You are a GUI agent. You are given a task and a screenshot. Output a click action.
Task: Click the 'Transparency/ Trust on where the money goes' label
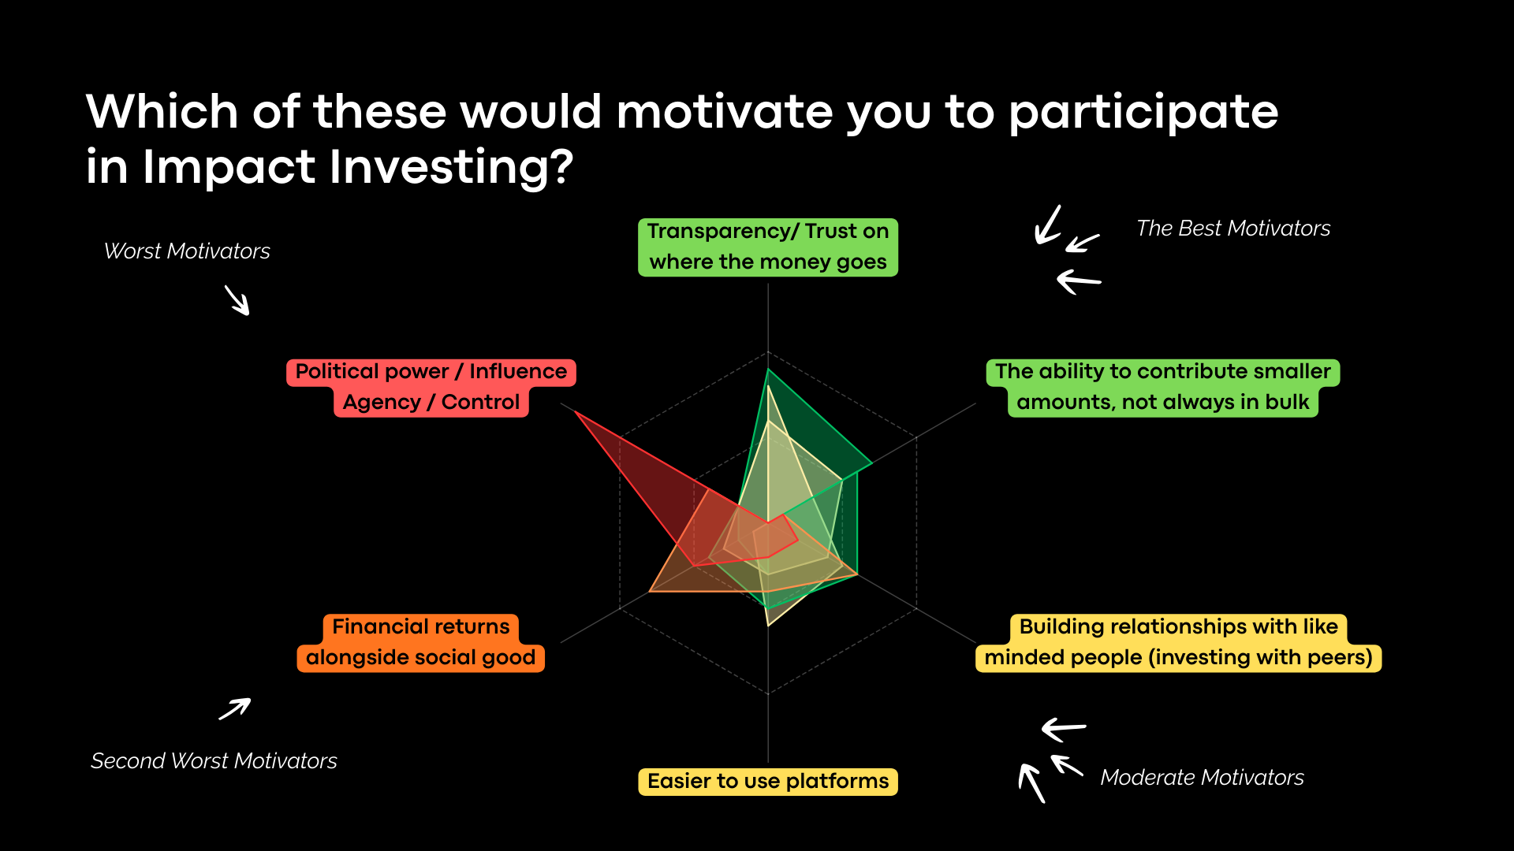click(768, 247)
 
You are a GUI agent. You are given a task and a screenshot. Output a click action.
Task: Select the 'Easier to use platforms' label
click(768, 782)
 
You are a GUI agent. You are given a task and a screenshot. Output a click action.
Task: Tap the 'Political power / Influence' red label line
click(431, 372)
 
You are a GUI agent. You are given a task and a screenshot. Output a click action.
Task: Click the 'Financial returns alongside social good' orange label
click(421, 643)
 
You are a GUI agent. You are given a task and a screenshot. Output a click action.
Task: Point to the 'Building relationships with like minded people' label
click(1178, 643)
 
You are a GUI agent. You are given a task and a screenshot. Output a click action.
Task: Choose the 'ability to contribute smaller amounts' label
click(1163, 388)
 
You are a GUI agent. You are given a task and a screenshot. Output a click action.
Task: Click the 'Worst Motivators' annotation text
click(187, 251)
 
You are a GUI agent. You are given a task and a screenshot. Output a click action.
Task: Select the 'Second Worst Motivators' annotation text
click(214, 761)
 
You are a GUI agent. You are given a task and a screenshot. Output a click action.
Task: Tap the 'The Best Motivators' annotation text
click(1233, 229)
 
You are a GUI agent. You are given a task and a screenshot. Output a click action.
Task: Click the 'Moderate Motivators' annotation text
click(1202, 778)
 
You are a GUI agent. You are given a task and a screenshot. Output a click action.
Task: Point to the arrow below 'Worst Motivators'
click(237, 300)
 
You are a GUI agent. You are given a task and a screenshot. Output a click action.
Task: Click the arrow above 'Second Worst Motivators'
click(235, 708)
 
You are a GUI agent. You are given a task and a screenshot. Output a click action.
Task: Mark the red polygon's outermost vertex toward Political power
click(575, 411)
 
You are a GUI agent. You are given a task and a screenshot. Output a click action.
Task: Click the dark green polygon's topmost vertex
click(768, 370)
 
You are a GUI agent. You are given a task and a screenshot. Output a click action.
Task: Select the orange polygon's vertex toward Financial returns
click(649, 591)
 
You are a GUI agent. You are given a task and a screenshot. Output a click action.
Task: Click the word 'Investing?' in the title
click(452, 167)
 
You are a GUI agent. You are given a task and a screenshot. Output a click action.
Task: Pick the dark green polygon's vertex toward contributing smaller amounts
click(872, 463)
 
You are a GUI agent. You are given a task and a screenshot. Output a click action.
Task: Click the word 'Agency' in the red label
click(382, 403)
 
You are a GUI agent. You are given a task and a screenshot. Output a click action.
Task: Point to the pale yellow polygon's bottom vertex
click(768, 626)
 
